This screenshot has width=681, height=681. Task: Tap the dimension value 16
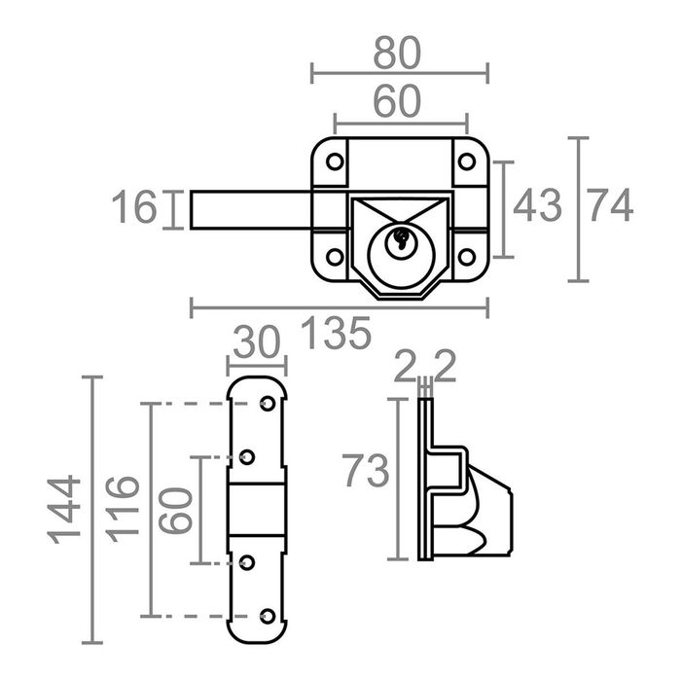coord(132,208)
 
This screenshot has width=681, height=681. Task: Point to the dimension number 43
coord(537,206)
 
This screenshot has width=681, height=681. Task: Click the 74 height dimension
coord(610,206)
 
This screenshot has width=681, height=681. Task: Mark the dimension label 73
coord(366,472)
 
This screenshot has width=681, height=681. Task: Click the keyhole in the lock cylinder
coord(399,240)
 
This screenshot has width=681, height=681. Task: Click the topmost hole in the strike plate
coord(268,403)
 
